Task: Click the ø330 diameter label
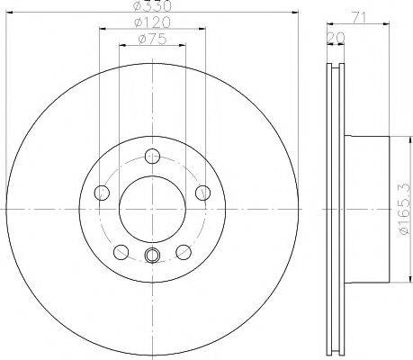click(152, 5)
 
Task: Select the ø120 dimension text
click(152, 22)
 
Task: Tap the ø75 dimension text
click(152, 39)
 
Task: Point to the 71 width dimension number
click(359, 18)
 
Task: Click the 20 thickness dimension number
click(336, 38)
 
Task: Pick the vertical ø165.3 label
click(404, 209)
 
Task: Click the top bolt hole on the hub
click(152, 156)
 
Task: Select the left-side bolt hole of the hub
click(102, 193)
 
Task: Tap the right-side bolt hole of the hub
click(202, 193)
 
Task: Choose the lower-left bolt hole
click(121, 252)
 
